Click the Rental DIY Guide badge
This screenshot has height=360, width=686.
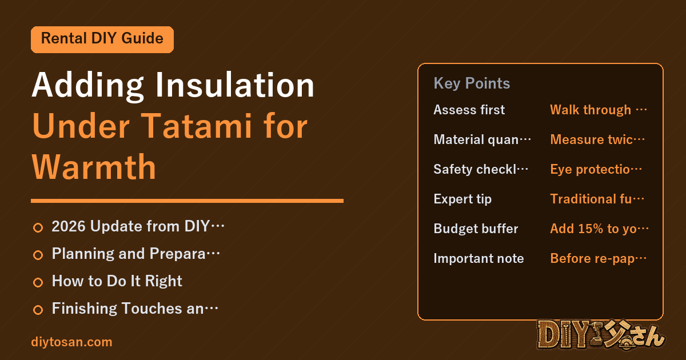point(102,39)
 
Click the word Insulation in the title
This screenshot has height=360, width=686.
point(235,85)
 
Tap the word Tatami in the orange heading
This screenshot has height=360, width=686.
point(198,126)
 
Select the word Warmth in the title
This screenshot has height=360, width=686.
point(94,167)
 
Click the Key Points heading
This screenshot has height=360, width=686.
point(472,83)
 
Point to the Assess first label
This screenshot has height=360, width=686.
point(469,110)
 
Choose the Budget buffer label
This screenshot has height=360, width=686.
point(476,229)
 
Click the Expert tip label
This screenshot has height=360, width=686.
point(462,199)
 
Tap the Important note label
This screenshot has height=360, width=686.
point(478,258)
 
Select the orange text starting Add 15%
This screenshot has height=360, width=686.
point(599,229)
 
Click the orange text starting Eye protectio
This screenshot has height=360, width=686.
point(596,169)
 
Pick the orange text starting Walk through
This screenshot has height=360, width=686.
point(599,110)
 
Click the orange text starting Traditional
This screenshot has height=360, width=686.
point(597,199)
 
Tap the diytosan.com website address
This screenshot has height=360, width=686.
point(71,342)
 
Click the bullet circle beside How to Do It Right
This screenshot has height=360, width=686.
point(38,282)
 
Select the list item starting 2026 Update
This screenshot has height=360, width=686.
point(138,226)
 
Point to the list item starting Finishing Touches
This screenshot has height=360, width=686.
point(135,308)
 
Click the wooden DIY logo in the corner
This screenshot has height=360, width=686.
point(600,335)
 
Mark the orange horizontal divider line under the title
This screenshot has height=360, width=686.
point(187,201)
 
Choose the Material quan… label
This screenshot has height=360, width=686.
point(482,139)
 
